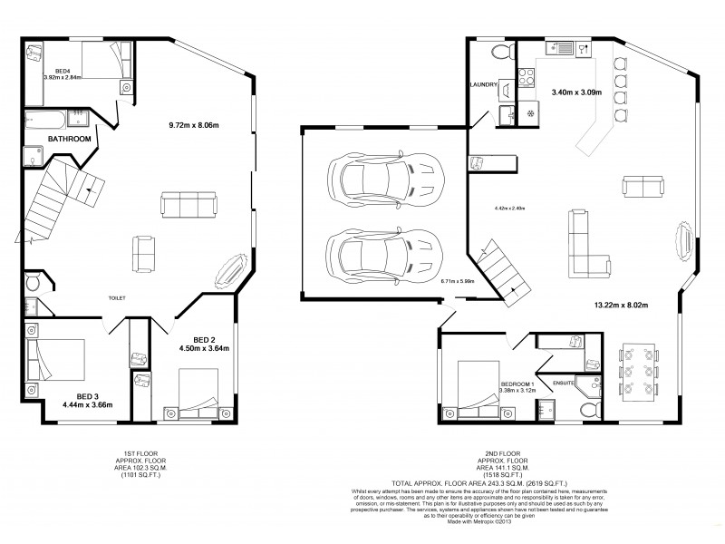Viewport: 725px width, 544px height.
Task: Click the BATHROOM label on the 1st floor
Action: point(69,139)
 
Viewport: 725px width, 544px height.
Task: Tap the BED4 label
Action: point(63,71)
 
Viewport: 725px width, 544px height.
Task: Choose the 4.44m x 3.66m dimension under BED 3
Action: point(87,405)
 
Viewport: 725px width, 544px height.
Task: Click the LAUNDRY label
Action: point(485,85)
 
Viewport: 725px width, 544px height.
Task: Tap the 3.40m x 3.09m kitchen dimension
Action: point(576,92)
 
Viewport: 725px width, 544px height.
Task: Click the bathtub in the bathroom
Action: point(46,120)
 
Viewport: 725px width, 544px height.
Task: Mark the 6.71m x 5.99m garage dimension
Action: point(458,282)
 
